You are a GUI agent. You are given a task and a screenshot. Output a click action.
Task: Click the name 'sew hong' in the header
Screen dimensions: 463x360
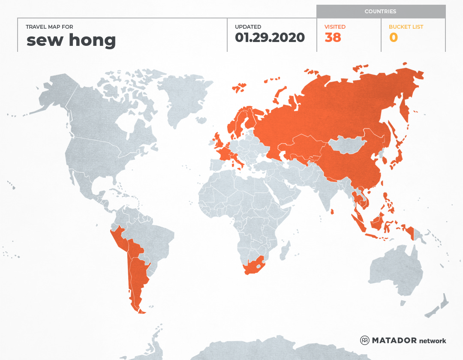point(71,40)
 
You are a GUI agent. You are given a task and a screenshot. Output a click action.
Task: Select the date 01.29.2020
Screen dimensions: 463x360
point(270,38)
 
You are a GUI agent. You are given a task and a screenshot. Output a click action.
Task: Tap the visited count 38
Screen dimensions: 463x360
point(333,38)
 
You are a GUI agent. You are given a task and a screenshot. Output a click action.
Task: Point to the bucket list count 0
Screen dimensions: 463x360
point(393,38)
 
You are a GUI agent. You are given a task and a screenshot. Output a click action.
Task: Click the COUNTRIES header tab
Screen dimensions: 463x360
point(380,12)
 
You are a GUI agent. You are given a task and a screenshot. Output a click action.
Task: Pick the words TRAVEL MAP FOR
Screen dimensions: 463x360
point(49,27)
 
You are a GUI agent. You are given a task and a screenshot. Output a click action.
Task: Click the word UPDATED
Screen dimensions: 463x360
point(248,27)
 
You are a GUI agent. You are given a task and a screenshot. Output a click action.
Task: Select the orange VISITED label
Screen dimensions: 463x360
point(335,27)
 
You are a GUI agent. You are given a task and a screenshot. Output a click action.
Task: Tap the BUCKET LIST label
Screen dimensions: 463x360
point(406,27)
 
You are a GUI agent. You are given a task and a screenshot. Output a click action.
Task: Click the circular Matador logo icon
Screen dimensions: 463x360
point(364,341)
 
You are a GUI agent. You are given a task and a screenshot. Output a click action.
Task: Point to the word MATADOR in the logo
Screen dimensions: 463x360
point(394,341)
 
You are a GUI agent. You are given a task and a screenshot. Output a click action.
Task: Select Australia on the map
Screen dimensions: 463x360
point(394,270)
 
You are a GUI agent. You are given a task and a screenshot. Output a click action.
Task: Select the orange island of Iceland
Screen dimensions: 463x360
point(239,87)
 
